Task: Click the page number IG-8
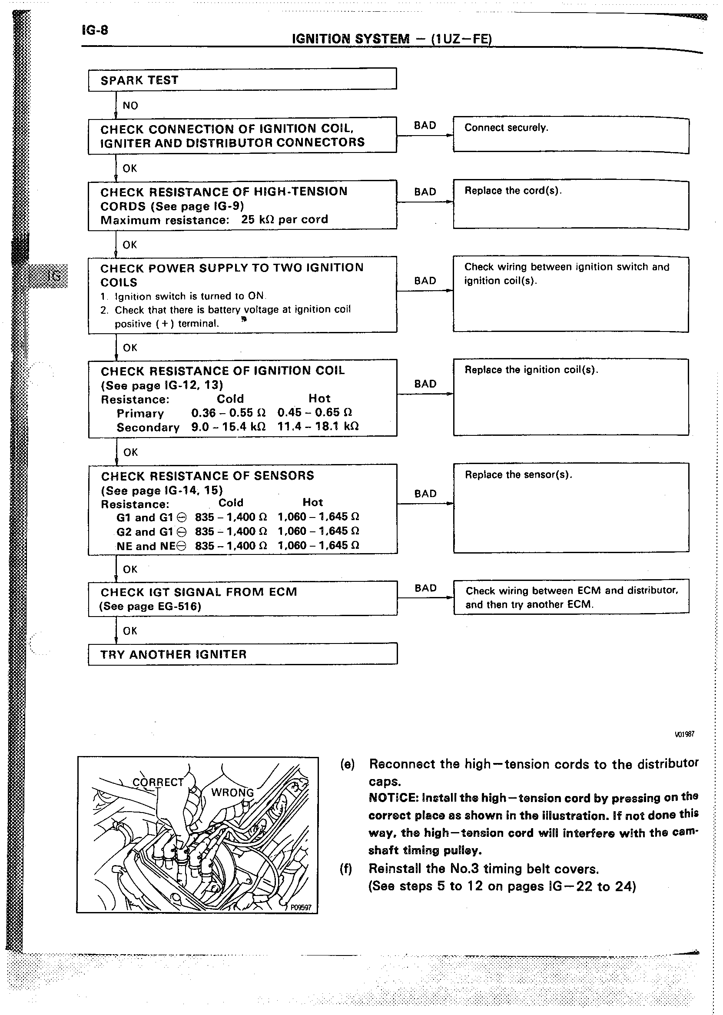coord(95,30)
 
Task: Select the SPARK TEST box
coord(242,80)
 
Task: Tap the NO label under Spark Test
coord(130,106)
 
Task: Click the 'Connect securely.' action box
coord(571,135)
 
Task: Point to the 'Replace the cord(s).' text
coord(513,191)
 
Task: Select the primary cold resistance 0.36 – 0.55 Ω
coord(229,413)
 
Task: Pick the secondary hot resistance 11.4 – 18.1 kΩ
coord(318,427)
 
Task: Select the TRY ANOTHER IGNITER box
coord(242,654)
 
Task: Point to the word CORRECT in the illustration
coord(158,782)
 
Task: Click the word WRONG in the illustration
coord(232,793)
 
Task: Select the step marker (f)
coord(346,869)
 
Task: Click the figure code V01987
coord(684,735)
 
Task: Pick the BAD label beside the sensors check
coord(425,494)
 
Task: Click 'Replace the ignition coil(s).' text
coord(531,370)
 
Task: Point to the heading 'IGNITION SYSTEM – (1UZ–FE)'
coord(391,39)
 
